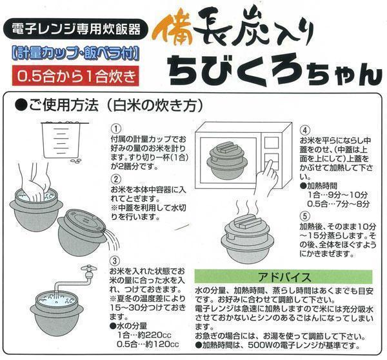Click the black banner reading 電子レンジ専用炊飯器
click(75, 30)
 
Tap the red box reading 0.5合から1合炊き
click(75, 75)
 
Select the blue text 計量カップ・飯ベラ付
click(75, 54)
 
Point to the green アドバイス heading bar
click(283, 277)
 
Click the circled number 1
click(116, 128)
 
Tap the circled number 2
click(116, 179)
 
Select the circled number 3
click(115, 261)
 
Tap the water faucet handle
click(89, 268)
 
